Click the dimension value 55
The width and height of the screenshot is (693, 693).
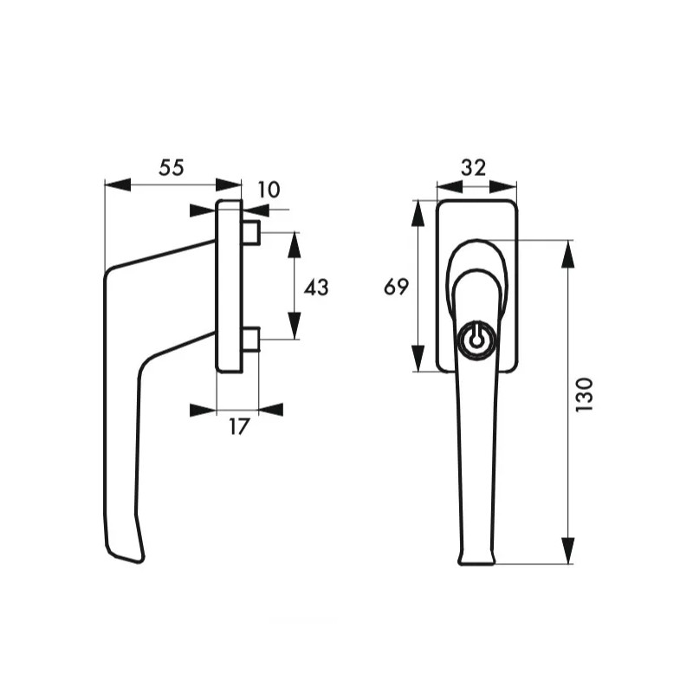172,168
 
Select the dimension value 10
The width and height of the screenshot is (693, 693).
269,190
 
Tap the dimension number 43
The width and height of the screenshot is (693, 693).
317,288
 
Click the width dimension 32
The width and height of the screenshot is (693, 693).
474,168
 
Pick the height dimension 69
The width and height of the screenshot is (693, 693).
396,288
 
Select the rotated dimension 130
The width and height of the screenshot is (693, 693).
585,394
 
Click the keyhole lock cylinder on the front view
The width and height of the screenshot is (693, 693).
474,339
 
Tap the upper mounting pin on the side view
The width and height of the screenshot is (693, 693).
251,232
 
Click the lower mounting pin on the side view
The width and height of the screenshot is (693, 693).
251,340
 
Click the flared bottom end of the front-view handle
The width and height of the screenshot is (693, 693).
476,557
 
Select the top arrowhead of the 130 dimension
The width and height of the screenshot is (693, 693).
568,253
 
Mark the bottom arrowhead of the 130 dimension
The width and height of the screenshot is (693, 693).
568,551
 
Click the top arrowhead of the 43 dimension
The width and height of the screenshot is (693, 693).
294,245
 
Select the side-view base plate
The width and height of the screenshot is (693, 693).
229,286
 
